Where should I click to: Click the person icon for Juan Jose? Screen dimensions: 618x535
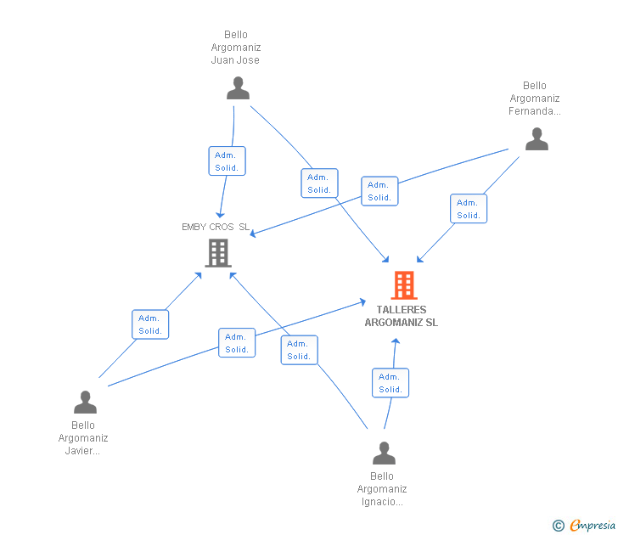point(239,88)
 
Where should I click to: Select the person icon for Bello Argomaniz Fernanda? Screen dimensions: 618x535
point(537,139)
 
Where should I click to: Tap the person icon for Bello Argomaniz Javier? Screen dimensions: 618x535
point(85,402)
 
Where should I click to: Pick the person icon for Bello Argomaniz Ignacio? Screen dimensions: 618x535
point(384,453)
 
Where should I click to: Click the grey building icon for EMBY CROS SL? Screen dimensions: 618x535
point(218,252)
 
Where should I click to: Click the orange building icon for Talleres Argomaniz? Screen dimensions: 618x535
point(404,285)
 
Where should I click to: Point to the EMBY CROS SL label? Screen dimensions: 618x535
point(216,227)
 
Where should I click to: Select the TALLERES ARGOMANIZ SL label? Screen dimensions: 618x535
point(402,316)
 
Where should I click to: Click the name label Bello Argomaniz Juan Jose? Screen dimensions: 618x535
point(236,48)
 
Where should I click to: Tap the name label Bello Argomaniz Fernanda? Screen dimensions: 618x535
point(535,99)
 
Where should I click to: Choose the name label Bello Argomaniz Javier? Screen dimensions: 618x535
point(83,438)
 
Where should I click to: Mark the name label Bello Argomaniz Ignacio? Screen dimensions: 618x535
point(382,489)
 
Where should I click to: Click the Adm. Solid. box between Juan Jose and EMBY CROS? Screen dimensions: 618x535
point(227,161)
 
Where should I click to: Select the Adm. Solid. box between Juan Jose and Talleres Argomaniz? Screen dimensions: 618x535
point(319,183)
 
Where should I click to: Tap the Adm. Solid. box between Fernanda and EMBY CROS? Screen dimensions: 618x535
point(379,191)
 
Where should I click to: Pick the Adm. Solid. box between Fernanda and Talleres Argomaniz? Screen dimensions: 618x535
point(469,209)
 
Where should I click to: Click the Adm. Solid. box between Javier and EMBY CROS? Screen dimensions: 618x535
point(150,324)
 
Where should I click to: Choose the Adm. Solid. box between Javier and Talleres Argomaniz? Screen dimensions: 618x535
point(237,343)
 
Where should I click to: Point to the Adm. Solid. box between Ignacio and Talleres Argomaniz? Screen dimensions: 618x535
point(390,383)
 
